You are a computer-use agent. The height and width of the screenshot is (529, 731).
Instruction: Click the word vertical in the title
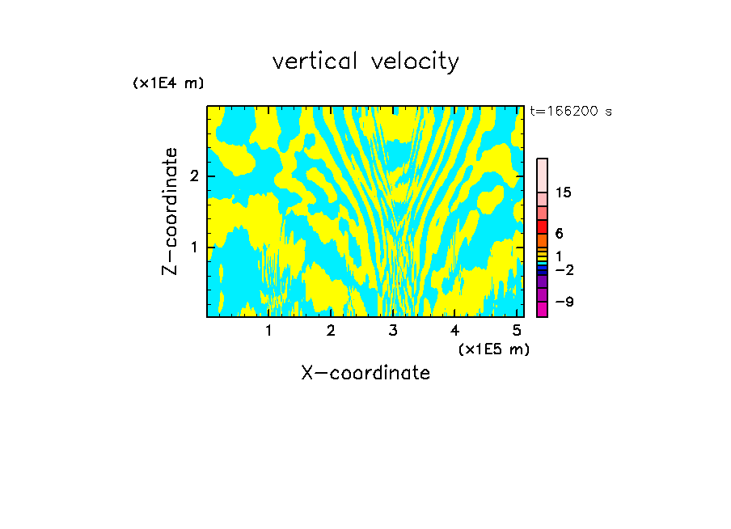coord(315,61)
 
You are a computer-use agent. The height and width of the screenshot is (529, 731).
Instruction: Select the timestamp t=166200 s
coord(571,111)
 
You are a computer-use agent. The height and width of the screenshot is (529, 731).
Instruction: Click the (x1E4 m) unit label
coord(168,83)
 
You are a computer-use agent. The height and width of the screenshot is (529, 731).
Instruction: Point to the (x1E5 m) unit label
coord(494,349)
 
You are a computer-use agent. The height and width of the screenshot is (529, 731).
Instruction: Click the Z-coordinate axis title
coord(170,211)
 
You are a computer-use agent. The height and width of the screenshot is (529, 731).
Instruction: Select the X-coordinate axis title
coord(366,373)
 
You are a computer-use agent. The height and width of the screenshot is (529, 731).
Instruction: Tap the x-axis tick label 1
coord(269,331)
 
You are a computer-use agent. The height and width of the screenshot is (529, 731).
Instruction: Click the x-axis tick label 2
coord(331,331)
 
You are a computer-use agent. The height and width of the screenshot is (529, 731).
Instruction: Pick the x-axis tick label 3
coord(393,331)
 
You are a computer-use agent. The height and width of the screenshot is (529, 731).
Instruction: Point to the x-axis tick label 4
coord(455,331)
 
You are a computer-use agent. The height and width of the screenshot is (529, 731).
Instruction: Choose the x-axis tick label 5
coord(517,331)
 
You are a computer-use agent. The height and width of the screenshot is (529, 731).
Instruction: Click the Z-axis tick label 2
coord(194,176)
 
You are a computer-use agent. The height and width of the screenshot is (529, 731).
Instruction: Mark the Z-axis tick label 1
coord(194,248)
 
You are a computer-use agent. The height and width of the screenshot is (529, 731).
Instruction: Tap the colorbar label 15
coord(564,193)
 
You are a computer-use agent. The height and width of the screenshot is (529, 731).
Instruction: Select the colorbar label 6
coord(560,233)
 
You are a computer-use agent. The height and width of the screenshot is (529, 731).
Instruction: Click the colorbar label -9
coord(564,302)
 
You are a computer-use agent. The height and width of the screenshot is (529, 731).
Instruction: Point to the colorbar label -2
coord(564,270)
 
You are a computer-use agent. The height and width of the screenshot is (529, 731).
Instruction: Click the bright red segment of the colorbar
coord(543,227)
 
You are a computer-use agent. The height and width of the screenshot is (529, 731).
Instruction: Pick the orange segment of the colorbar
coord(543,241)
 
